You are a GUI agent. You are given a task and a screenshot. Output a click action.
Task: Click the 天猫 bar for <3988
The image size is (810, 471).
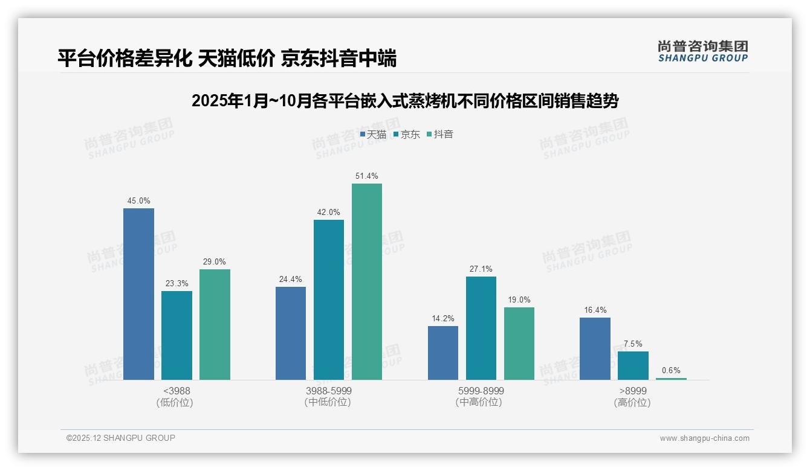coord(138,294)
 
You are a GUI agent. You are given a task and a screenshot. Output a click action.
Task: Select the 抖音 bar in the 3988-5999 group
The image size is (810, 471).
coord(367,281)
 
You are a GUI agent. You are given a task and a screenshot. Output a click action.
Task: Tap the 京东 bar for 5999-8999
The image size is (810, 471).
coord(481,328)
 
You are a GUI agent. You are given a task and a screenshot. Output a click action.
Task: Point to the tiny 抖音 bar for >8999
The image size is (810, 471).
coord(671,379)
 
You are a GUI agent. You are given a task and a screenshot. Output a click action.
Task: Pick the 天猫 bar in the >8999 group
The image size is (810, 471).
coord(595,348)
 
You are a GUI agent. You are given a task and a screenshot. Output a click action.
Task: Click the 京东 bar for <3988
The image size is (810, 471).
coord(177,335)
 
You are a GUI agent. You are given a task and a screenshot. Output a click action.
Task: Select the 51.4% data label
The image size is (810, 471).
coord(367,176)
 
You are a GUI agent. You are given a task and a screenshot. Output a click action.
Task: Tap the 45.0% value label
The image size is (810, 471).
coord(138,201)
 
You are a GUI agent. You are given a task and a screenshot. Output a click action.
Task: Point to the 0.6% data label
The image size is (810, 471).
coord(671,371)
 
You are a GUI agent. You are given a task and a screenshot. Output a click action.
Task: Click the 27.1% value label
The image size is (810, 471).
coord(481,269)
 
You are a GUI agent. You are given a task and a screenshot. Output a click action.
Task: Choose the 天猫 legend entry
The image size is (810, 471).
coord(374,135)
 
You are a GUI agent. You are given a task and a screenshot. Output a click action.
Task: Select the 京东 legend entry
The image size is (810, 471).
coord(407,135)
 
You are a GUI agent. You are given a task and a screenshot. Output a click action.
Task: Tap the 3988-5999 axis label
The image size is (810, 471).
coord(328,391)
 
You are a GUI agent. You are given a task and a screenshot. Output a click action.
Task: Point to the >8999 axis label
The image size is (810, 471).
coord(633,391)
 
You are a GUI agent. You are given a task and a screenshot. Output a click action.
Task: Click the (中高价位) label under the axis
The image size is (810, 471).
coord(479,402)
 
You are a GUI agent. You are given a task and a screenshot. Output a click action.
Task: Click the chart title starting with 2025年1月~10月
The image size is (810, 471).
coord(405,101)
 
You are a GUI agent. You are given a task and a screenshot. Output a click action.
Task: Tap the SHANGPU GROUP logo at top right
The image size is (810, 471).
coord(703,51)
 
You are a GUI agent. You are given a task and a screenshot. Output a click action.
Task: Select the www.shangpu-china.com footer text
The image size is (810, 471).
coord(704,438)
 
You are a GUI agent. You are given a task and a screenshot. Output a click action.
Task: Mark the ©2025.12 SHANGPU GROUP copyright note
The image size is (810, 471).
coord(121,438)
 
